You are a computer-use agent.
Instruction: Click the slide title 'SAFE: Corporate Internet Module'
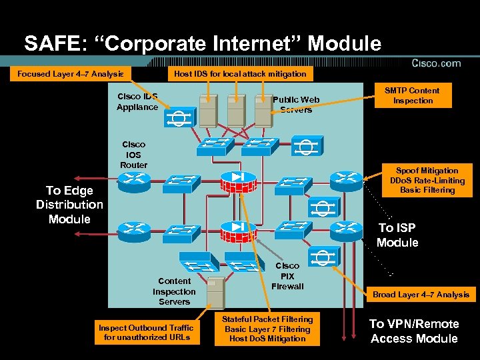[203, 44]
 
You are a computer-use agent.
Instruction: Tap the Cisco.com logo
[436, 63]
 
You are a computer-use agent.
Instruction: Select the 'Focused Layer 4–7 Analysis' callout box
[70, 73]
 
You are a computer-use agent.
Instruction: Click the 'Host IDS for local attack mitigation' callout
[240, 73]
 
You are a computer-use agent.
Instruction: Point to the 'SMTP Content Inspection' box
[413, 95]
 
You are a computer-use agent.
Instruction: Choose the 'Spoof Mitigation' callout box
[427, 180]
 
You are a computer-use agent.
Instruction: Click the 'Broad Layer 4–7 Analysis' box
[421, 294]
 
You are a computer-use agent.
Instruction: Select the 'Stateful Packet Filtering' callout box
[267, 329]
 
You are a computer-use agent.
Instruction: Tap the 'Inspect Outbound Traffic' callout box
[145, 332]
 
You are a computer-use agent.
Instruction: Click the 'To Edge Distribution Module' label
[69, 205]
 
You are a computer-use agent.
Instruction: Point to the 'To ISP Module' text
[397, 235]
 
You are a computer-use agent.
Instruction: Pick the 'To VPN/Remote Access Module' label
[414, 331]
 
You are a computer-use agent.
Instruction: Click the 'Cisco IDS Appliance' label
[137, 101]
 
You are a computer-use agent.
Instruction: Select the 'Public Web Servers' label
[296, 105]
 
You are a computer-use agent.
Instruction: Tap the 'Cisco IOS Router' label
[133, 155]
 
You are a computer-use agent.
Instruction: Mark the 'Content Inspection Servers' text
[174, 291]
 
